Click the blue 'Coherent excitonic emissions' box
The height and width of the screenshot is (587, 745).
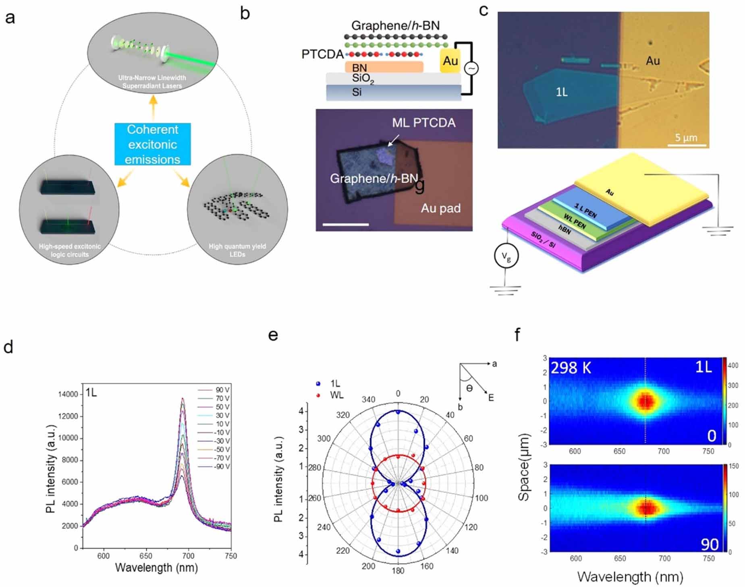(x=152, y=144)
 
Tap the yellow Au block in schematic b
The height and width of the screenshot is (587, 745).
(x=450, y=61)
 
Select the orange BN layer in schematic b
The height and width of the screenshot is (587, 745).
(x=384, y=67)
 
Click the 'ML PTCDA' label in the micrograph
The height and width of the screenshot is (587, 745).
(x=423, y=123)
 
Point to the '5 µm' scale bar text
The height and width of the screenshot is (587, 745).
(x=686, y=138)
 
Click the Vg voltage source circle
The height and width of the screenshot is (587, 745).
(x=506, y=256)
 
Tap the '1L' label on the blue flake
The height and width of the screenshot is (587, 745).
(x=562, y=92)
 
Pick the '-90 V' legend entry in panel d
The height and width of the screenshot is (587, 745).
(x=222, y=467)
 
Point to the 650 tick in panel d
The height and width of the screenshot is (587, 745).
(x=146, y=556)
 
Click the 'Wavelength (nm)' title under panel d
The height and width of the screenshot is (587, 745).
(x=156, y=568)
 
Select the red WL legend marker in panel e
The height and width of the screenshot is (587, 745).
(x=318, y=395)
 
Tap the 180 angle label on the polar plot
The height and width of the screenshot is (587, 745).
(x=398, y=570)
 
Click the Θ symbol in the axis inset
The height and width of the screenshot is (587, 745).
(x=469, y=388)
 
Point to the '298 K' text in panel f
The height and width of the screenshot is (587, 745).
(x=571, y=368)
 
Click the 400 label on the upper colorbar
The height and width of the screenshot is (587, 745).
(x=733, y=366)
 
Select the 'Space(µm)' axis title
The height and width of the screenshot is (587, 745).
(x=523, y=467)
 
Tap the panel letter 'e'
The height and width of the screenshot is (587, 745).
(x=273, y=335)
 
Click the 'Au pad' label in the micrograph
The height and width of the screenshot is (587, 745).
(x=440, y=208)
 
